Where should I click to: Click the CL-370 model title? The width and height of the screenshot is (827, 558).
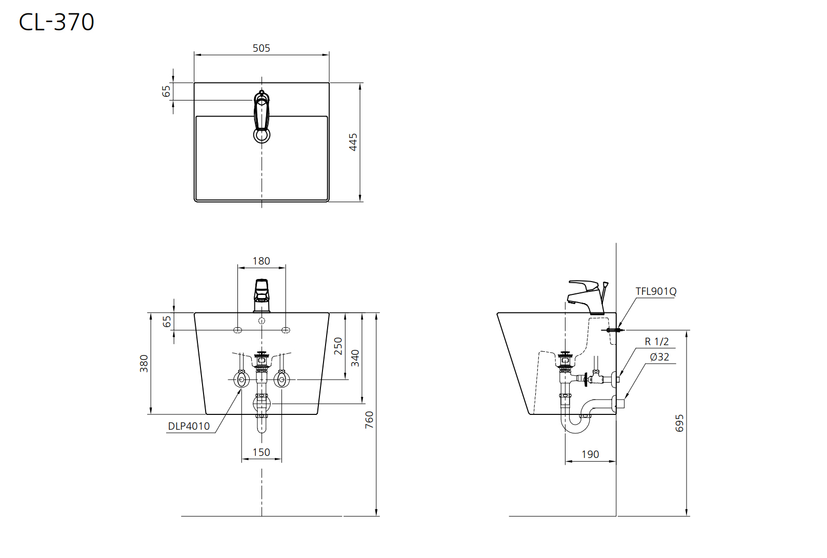(56, 22)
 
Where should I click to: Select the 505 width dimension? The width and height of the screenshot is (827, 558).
(261, 48)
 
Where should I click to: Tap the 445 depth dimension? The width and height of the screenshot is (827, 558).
(353, 142)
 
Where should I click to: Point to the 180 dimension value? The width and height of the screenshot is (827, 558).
(261, 261)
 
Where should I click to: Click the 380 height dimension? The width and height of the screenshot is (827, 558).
(144, 364)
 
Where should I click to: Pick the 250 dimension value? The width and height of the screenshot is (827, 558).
(338, 346)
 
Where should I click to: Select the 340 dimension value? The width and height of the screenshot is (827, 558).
(355, 358)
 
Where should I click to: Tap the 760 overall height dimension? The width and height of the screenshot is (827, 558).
(369, 420)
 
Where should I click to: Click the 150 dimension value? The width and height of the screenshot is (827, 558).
(261, 452)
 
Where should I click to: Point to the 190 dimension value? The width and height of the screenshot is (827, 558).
(590, 454)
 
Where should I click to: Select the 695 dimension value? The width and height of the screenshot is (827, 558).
(679, 423)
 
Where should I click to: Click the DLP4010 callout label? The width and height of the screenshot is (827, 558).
(189, 426)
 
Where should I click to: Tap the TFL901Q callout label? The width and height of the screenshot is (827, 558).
(656, 291)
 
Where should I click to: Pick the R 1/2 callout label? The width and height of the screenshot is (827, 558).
(656, 342)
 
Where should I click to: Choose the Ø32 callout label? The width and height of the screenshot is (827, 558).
(659, 357)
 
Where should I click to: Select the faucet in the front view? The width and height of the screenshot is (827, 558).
(261, 295)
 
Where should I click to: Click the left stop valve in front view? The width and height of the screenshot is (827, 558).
(241, 379)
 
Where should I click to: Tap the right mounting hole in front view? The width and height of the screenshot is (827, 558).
(286, 330)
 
